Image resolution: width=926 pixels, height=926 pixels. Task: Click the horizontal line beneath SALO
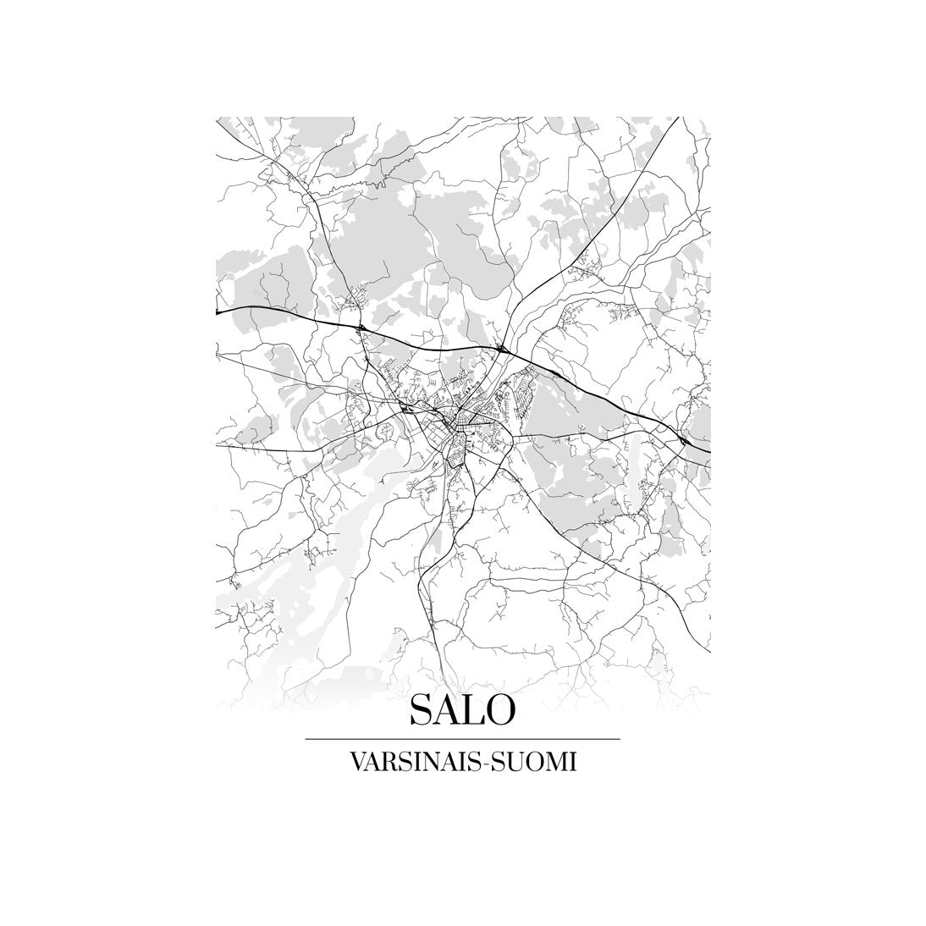(x=462, y=739)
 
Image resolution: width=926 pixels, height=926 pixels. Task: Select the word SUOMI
(x=529, y=763)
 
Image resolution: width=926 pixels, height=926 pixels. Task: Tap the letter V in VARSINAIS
(x=355, y=763)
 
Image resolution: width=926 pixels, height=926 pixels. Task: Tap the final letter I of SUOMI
(x=573, y=763)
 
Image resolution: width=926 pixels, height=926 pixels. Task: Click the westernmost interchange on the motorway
(x=361, y=325)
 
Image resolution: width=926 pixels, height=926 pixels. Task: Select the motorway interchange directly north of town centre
(x=502, y=347)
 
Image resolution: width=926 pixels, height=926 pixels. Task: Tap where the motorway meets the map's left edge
(x=218, y=311)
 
